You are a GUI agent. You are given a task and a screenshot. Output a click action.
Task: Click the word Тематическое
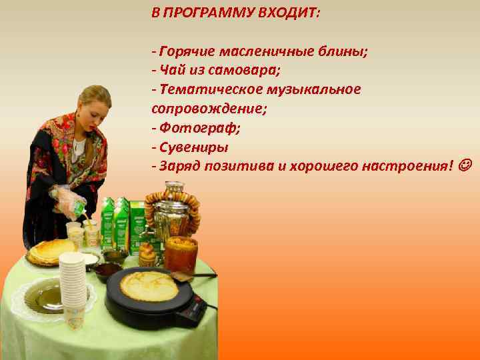[x=201, y=89]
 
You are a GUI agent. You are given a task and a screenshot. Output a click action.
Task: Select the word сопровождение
[x=196, y=108]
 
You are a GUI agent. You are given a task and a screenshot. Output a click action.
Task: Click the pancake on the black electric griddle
[x=149, y=286]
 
